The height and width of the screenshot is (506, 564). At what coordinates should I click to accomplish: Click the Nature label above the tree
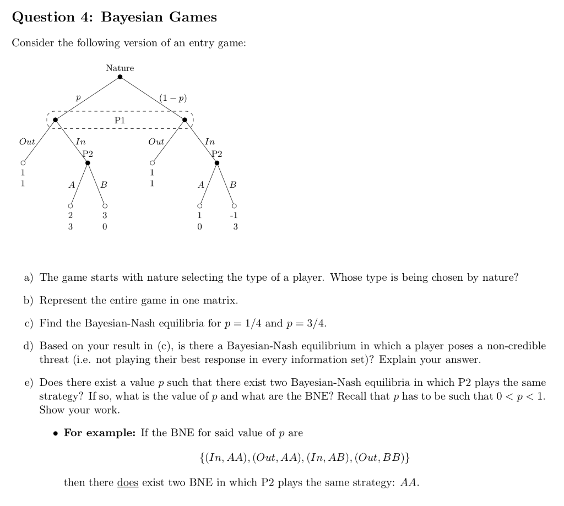(120, 68)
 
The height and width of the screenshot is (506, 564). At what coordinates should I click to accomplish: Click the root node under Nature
(120, 77)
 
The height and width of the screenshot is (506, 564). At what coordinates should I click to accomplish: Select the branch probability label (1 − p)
(173, 99)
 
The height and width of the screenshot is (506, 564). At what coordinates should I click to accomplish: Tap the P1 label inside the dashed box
(120, 119)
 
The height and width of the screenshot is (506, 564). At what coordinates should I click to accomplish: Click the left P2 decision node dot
(88, 162)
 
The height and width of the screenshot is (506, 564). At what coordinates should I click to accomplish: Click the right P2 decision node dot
(217, 162)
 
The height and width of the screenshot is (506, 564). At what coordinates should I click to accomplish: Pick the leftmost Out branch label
(27, 142)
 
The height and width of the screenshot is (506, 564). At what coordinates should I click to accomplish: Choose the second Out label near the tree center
(156, 142)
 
